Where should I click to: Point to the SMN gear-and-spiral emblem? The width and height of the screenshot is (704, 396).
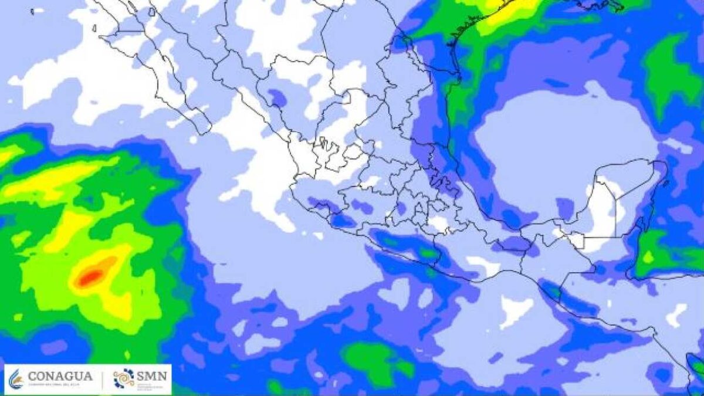pyautogui.click(x=124, y=379)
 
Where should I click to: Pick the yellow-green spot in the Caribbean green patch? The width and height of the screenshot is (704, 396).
pyautogui.click(x=648, y=257)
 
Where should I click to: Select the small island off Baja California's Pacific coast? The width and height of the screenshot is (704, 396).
pyautogui.click(x=94, y=28)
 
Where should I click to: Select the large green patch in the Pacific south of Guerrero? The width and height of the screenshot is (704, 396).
pyautogui.click(x=375, y=361)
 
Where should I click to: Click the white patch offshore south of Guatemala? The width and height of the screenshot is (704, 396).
pyautogui.click(x=515, y=310)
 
